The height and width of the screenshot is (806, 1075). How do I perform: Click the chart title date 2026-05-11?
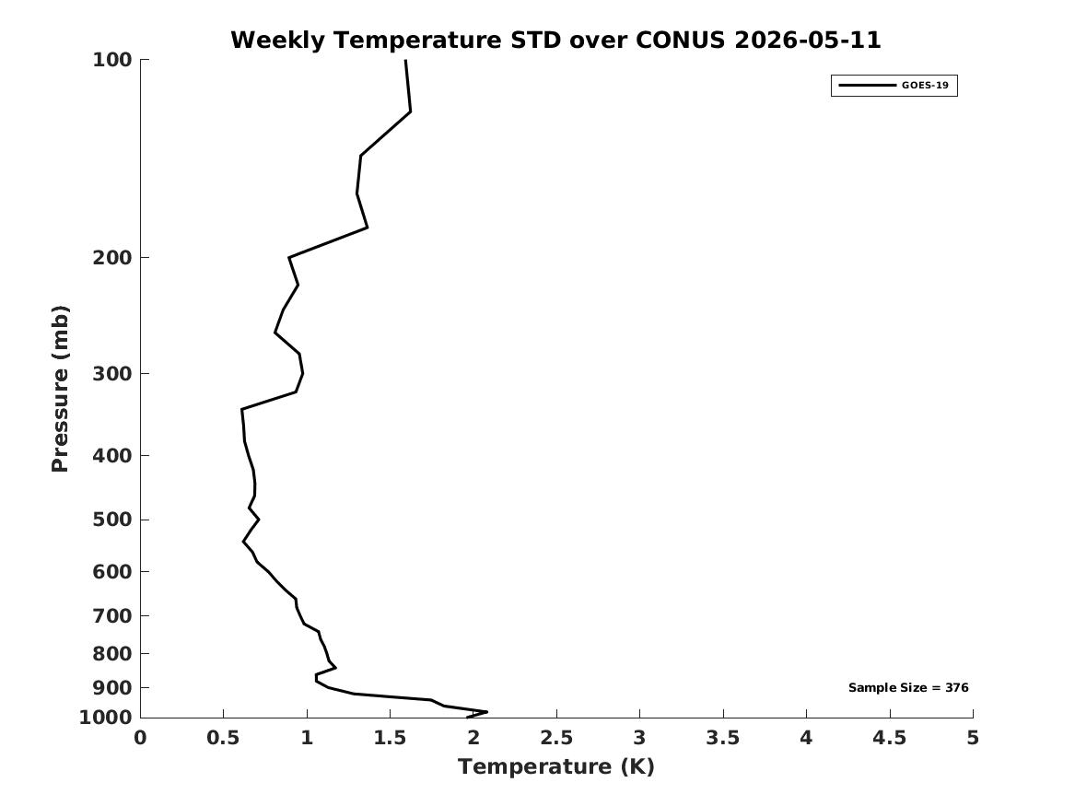coord(807,40)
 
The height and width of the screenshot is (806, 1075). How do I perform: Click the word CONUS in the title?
coord(680,40)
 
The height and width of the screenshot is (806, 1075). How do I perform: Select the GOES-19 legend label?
coord(925,85)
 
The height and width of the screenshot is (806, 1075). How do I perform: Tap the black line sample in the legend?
coord(867,85)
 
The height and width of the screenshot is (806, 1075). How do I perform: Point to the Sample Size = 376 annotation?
coord(908,687)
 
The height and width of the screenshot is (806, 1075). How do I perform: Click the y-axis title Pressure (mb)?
coord(60,389)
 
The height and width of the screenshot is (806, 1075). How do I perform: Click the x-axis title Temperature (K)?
coord(556,766)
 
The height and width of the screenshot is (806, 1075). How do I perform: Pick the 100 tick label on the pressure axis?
coord(111,60)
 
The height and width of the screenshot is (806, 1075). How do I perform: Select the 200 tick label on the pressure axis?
coord(111,258)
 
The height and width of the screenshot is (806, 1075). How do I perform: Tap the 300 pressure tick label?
coord(111,374)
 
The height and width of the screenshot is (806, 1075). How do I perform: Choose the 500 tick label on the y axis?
coord(111,520)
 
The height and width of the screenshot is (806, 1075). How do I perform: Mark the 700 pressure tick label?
coord(111,616)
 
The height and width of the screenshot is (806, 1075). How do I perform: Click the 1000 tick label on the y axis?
coord(106,718)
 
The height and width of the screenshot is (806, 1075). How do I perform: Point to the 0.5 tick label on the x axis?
coord(224,738)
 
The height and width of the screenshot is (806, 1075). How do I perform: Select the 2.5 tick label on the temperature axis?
coord(556,738)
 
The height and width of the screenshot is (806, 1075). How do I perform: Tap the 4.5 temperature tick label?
coord(890,738)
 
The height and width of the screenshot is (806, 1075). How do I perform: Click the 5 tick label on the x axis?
coord(973,738)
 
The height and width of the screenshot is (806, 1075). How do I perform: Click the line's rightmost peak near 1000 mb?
coord(486,711)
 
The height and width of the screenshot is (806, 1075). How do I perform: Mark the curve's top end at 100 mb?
coord(406,60)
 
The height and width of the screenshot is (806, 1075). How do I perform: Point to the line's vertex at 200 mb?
coord(289,258)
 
